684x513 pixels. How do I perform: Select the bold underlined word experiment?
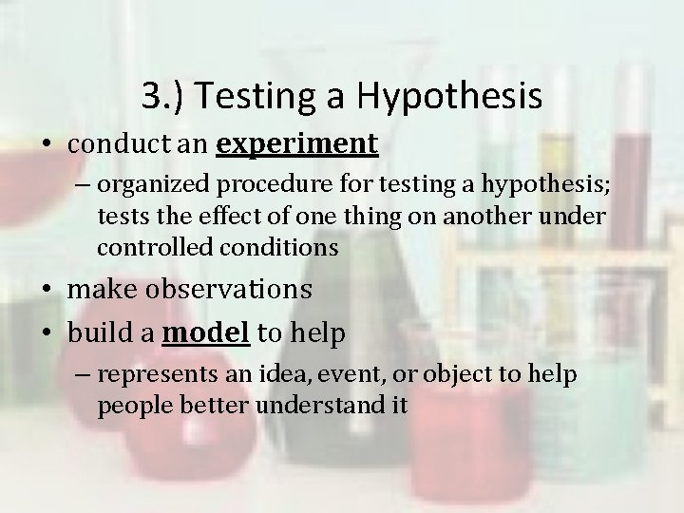pos(297,144)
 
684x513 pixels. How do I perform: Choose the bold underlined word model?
pos(206,333)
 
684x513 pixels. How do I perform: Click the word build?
pos(98,333)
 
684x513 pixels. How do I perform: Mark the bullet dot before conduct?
pos(47,145)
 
